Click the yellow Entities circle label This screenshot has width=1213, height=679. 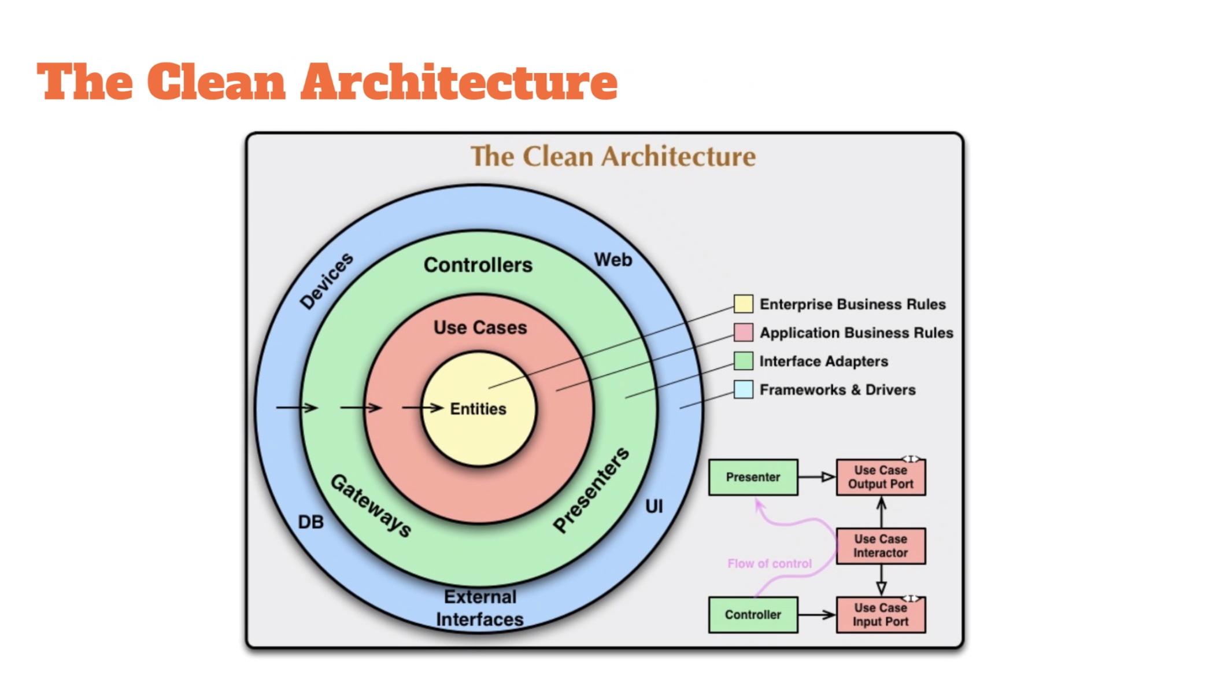click(478, 409)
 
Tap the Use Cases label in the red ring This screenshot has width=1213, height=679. click(480, 327)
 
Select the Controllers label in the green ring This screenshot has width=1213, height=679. click(478, 265)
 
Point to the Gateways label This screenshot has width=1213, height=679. click(371, 505)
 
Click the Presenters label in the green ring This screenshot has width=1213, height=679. click(591, 490)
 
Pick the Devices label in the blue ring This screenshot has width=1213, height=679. click(326, 281)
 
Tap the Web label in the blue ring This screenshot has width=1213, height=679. click(613, 260)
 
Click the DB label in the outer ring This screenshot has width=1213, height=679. click(311, 522)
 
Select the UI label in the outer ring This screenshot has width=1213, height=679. click(654, 507)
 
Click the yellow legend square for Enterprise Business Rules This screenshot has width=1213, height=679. click(744, 304)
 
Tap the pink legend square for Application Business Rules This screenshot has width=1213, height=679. click(744, 333)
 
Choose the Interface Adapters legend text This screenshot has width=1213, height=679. click(824, 361)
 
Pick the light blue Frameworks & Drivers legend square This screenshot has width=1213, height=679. click(744, 389)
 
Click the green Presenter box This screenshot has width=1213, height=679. click(753, 477)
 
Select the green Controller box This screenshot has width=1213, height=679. click(753, 615)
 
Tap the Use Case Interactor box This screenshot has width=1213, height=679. click(881, 546)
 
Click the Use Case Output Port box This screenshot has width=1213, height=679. click(881, 477)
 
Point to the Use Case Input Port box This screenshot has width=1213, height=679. click(881, 615)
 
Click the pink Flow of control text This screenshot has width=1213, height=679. click(770, 563)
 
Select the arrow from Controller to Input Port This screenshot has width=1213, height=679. click(817, 615)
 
